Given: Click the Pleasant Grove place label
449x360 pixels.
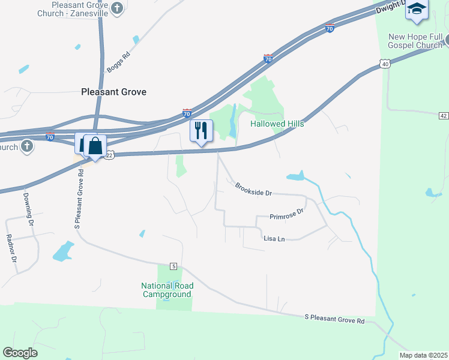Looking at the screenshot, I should coord(113,92).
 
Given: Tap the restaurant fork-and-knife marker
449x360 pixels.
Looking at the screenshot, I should coord(201,130).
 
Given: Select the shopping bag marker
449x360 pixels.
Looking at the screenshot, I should coord(95,145).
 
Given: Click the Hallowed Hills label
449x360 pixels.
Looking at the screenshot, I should coord(277,124).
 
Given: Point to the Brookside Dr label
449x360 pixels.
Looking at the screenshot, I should coord(253,189).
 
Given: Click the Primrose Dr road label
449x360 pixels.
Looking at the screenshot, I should coord(287,214).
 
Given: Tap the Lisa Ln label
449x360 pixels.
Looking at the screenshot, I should coord(274,238).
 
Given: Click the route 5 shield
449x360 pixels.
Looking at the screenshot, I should coord(173,266).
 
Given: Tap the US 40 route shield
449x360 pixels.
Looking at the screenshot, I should coord(385,63).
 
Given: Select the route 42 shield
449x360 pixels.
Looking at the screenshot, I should coord(443,115).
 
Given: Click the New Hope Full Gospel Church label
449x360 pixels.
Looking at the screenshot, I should coord(415,41).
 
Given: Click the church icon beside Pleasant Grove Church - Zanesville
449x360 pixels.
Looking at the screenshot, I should coord(117,8).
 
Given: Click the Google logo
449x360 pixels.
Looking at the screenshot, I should coord(20,353).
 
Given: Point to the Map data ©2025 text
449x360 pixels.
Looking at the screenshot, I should coord(423,355).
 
